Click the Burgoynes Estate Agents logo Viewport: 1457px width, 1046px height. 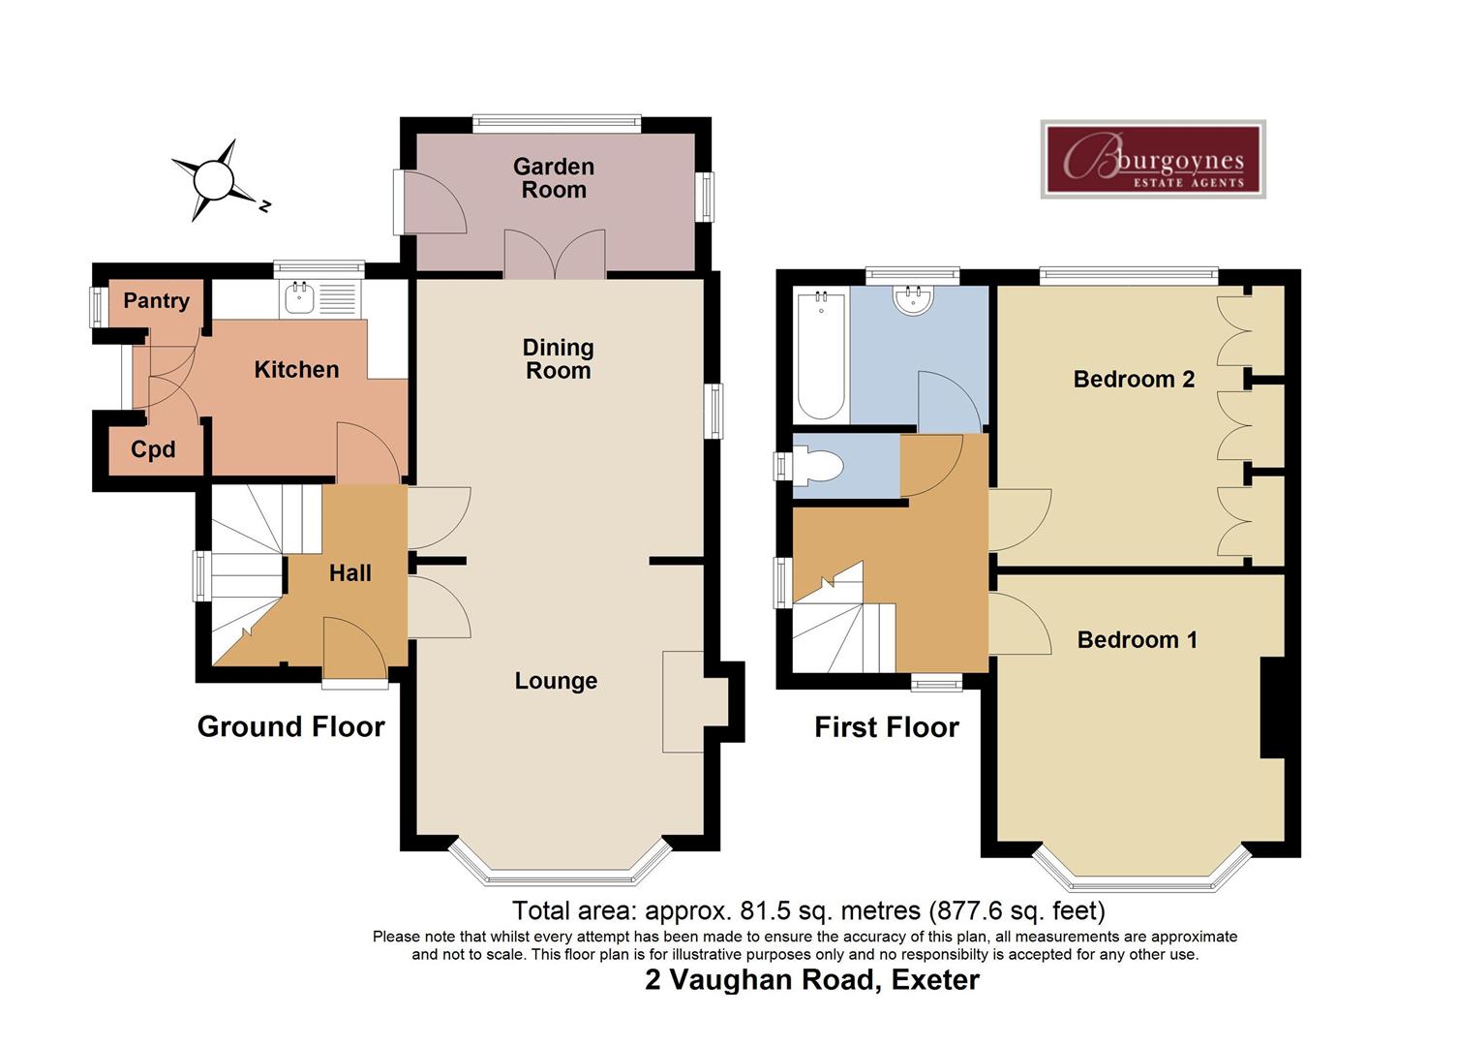coord(1153,160)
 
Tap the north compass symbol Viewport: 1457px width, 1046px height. coord(213,180)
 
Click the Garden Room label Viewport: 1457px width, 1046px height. coord(554,178)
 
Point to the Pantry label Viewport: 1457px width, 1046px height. coord(156,300)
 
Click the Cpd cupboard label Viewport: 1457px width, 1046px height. coord(153,449)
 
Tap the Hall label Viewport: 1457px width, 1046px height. coord(349,573)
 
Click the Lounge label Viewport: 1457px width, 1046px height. coord(556,681)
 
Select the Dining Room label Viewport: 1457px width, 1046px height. coord(558,358)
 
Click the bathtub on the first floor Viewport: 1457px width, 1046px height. coord(821,355)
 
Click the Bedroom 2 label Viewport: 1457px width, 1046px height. coord(1134,379)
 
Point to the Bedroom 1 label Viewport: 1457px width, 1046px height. coord(1137,640)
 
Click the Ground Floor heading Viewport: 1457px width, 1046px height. coord(290,726)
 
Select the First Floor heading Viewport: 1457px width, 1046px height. coord(886,727)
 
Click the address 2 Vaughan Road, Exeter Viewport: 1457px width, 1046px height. coord(812,980)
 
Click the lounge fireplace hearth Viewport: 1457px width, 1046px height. coord(683,702)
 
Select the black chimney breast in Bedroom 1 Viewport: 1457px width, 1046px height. coord(1272,708)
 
